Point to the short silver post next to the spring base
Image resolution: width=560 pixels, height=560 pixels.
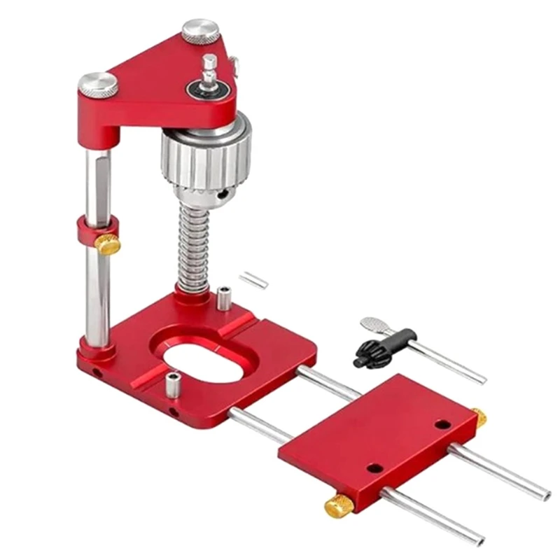click(x=223, y=299)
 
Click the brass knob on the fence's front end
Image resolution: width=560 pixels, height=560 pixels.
click(x=339, y=505)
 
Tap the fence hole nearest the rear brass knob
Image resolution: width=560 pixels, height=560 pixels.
click(x=441, y=424)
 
